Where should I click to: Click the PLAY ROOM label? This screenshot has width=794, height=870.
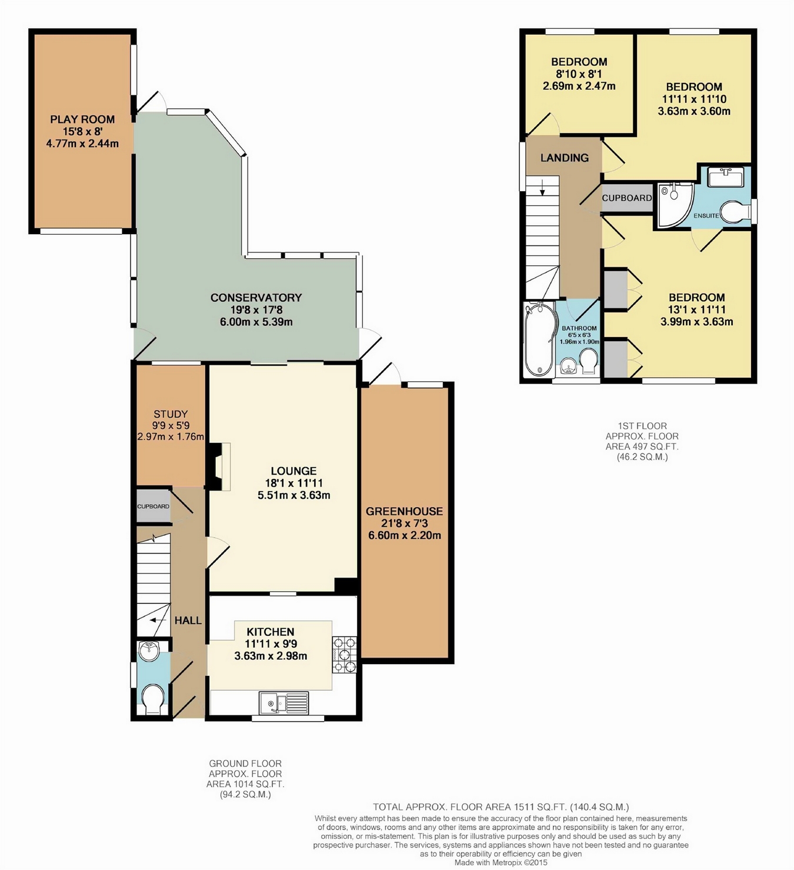[82, 119]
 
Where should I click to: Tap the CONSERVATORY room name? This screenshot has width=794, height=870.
[256, 298]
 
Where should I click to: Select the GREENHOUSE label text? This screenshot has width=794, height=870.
[404, 511]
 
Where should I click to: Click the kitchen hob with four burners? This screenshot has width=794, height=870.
[344, 655]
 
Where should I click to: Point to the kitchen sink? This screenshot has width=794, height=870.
[284, 703]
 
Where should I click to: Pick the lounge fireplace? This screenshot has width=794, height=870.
[221, 466]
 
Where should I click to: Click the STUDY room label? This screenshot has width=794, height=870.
[171, 414]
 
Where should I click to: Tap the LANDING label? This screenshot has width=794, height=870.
[564, 158]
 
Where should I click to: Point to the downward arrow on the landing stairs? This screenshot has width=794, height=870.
[542, 188]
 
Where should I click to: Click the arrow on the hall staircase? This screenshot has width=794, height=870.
[158, 620]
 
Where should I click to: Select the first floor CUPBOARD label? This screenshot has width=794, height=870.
[626, 198]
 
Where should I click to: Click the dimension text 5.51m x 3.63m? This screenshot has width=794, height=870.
[293, 495]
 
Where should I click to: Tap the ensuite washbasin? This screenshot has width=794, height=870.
[726, 177]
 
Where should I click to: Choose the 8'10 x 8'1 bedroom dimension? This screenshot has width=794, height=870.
[579, 74]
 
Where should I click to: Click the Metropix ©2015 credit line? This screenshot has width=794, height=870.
[501, 862]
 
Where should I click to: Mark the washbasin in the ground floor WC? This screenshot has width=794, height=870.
[149, 649]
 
